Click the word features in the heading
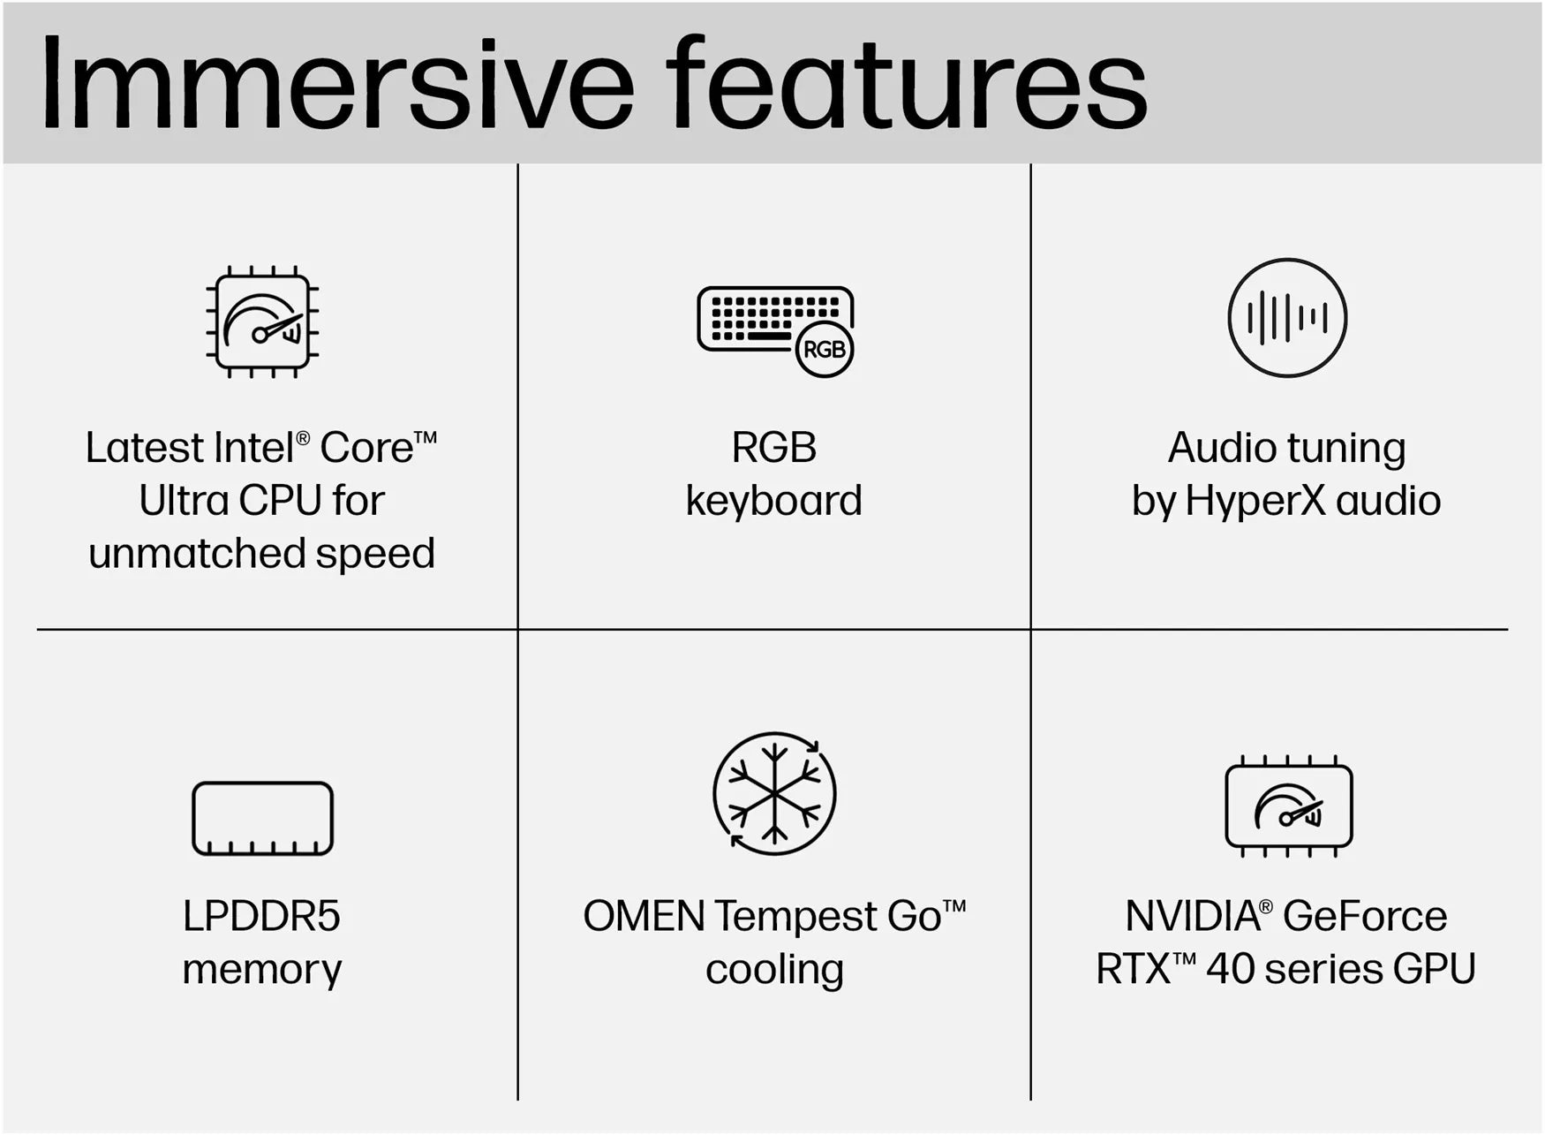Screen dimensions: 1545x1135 (x=906, y=83)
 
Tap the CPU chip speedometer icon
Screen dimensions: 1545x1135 (x=262, y=322)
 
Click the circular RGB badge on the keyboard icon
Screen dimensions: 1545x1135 (x=825, y=350)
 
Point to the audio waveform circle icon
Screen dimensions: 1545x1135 (x=1287, y=318)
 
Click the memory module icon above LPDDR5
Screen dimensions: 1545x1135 (x=262, y=819)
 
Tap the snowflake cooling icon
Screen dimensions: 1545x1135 (x=774, y=793)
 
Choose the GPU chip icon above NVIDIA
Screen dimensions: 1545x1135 (x=1289, y=806)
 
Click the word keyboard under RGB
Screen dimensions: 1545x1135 (x=774, y=501)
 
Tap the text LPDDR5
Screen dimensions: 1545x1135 (x=261, y=916)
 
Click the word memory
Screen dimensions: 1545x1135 (x=261, y=970)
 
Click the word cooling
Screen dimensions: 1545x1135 (x=774, y=970)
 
